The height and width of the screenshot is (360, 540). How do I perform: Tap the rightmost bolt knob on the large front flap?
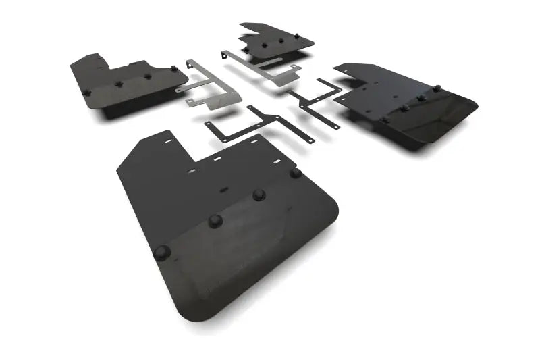[x=296, y=173]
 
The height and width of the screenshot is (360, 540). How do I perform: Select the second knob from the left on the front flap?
[x=215, y=220]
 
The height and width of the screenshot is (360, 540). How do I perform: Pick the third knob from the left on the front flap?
[x=259, y=195]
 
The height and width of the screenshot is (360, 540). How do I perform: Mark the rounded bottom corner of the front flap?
[x=186, y=307]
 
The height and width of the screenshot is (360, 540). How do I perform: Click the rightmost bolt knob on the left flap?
[x=174, y=69]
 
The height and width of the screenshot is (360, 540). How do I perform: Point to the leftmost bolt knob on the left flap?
[x=86, y=93]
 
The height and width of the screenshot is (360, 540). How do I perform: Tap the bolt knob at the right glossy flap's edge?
[x=437, y=88]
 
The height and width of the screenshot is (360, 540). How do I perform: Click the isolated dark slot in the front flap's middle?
[x=223, y=190]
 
